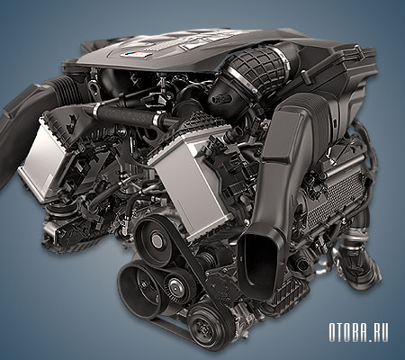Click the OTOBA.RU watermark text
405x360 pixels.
(358, 332)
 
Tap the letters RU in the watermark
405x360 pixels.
(381, 332)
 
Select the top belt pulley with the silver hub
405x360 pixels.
(155, 240)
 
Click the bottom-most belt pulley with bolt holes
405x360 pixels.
(203, 326)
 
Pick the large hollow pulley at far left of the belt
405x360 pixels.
(137, 289)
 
